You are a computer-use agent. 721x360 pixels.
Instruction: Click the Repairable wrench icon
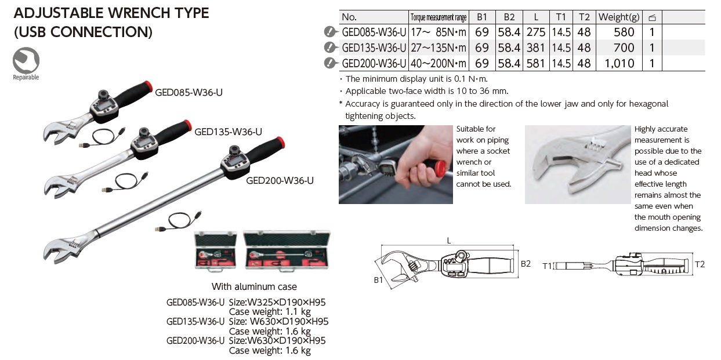(26, 60)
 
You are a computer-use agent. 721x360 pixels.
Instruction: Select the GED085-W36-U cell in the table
(374, 32)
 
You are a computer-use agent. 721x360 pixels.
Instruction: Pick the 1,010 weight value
(619, 63)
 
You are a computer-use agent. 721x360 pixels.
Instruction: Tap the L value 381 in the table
(535, 48)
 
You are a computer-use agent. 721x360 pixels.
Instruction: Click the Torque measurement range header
(438, 17)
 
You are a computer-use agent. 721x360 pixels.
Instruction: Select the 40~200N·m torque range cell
(438, 63)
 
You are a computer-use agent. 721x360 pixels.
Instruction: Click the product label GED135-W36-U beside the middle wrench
(228, 132)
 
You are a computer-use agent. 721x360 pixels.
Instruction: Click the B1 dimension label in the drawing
(379, 281)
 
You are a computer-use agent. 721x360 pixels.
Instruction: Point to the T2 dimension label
(700, 264)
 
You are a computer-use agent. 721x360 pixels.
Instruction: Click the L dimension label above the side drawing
(448, 241)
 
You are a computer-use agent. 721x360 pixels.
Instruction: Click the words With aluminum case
(254, 286)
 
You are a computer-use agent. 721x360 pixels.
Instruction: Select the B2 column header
(509, 17)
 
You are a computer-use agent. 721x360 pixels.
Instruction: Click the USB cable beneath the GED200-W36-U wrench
(176, 223)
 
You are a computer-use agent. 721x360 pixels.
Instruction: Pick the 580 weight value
(624, 32)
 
